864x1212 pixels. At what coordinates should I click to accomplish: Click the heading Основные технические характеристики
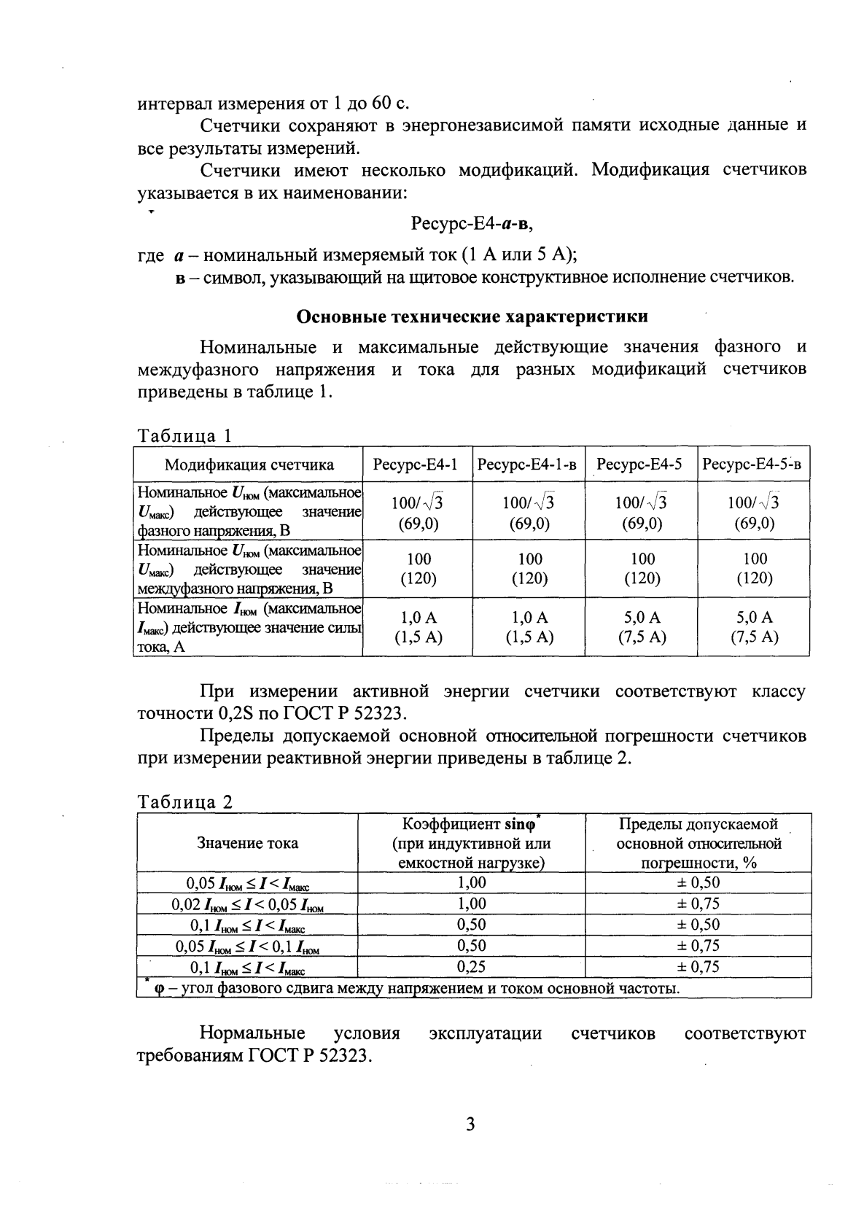(x=472, y=317)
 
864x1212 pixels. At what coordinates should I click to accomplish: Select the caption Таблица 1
(x=185, y=435)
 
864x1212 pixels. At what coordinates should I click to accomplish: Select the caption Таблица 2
(x=185, y=802)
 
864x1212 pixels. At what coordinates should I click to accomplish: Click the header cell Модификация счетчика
(x=249, y=465)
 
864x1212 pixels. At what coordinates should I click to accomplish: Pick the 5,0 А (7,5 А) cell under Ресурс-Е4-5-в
(x=755, y=626)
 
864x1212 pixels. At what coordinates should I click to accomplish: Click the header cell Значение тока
(x=247, y=843)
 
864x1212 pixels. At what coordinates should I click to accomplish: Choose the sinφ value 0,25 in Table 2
(x=471, y=967)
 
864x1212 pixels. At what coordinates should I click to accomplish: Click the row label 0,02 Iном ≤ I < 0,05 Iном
(x=247, y=904)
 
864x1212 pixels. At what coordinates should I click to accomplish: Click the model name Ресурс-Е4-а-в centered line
(x=472, y=224)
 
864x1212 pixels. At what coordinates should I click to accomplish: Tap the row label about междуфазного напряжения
(x=249, y=569)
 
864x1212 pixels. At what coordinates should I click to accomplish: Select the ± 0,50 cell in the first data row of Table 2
(x=698, y=882)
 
